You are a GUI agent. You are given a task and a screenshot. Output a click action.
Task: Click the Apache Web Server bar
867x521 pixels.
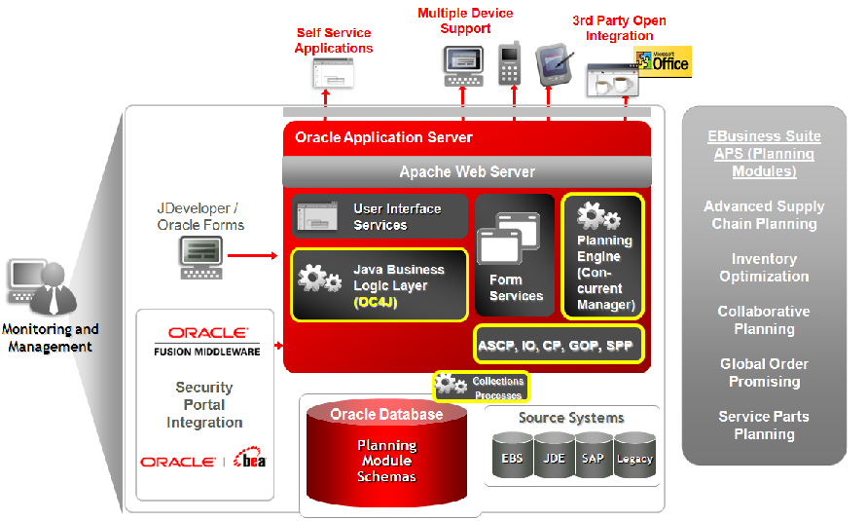[x=467, y=171]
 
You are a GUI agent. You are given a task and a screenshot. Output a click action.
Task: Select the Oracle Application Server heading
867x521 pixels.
[x=383, y=137]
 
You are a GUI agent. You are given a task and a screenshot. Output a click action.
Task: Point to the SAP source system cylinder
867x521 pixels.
[x=593, y=457]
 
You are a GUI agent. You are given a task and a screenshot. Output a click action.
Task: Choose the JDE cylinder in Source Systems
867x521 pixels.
[x=553, y=457]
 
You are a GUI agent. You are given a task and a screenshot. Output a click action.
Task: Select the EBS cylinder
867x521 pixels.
[x=512, y=457]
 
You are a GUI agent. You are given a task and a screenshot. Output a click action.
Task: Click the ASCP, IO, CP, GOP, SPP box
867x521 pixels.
[x=559, y=345]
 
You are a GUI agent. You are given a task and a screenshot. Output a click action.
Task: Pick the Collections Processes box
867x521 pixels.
[x=481, y=387]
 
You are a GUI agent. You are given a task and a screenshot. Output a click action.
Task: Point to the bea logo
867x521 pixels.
[x=250, y=461]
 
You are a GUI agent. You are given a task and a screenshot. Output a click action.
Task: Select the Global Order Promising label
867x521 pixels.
[x=764, y=373]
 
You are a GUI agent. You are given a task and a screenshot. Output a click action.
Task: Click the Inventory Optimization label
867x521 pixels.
[x=764, y=268]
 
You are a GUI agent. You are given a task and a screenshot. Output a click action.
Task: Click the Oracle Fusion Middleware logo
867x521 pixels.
[x=206, y=341]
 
